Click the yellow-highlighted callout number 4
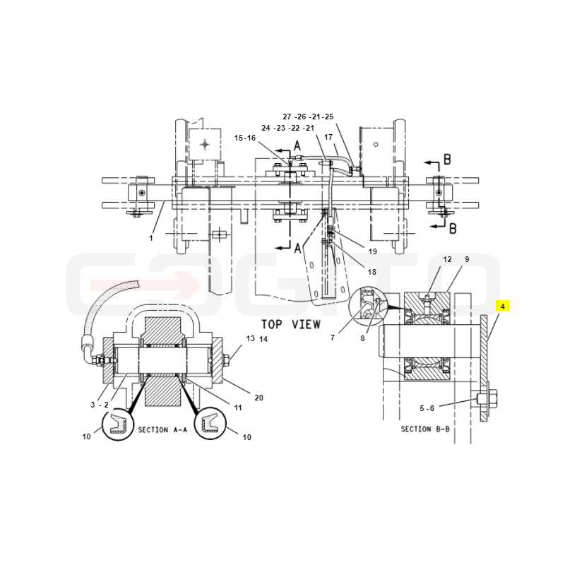pyautogui.click(x=503, y=307)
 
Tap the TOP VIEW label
pyautogui.click(x=291, y=324)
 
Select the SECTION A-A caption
pyautogui.click(x=162, y=430)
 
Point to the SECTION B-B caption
pyautogui.click(x=425, y=429)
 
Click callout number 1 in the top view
pyautogui.click(x=151, y=238)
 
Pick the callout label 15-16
pyautogui.click(x=244, y=138)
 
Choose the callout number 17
pyautogui.click(x=328, y=137)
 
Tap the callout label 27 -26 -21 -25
pyautogui.click(x=308, y=117)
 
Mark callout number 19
pyautogui.click(x=373, y=251)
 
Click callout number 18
pyautogui.click(x=372, y=272)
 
